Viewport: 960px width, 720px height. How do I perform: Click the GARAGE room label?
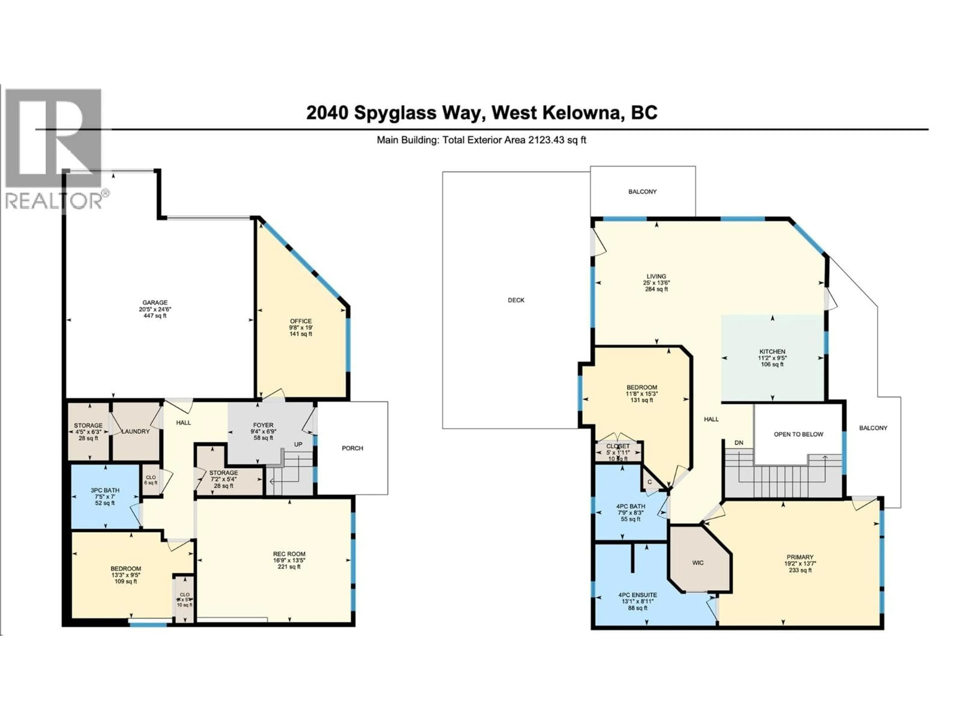click(155, 302)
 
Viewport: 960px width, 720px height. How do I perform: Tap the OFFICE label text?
click(301, 321)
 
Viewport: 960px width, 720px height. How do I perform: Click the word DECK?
click(516, 300)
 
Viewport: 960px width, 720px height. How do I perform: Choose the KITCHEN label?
click(772, 351)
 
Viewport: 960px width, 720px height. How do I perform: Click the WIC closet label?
click(698, 563)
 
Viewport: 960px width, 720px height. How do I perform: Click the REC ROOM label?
click(289, 554)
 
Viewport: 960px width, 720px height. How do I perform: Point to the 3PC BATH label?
click(105, 490)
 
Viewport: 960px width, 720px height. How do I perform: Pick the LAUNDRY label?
click(135, 431)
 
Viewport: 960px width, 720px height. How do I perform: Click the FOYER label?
click(263, 425)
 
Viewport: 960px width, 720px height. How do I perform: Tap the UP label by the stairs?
click(298, 444)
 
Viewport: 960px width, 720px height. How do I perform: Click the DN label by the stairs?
click(739, 443)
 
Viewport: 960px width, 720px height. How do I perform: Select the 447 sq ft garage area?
click(155, 316)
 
